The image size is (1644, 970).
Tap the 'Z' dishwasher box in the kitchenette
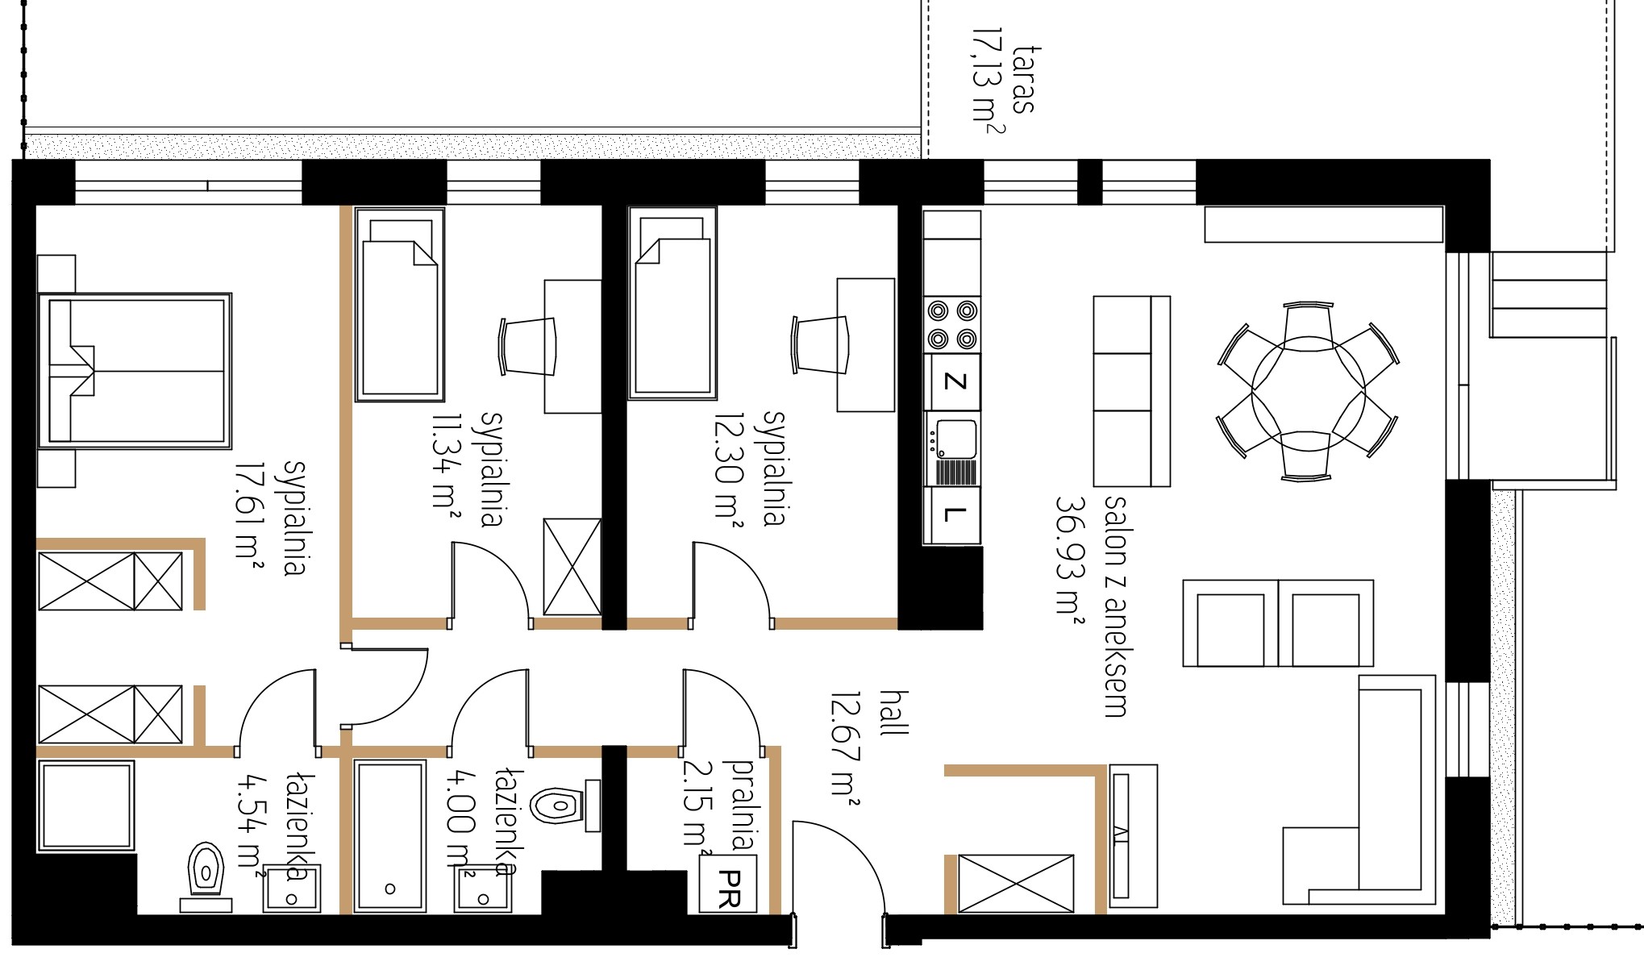click(952, 381)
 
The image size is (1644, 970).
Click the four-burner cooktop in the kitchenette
click(952, 324)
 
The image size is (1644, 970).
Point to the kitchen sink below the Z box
click(952, 449)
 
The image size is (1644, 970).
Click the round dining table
click(1308, 391)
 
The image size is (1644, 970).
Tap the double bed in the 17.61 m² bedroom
click(135, 371)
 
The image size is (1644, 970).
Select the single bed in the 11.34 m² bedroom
click(400, 305)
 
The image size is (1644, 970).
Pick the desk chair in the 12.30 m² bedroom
click(821, 344)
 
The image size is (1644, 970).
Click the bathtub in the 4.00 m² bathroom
click(389, 836)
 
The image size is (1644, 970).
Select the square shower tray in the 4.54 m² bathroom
click(86, 806)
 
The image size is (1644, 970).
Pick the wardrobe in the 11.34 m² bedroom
click(572, 568)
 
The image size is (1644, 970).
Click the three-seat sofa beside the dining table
click(1131, 391)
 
